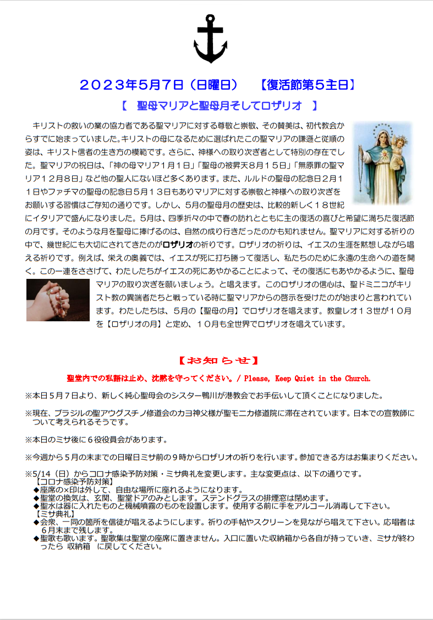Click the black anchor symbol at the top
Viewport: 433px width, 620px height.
tap(211, 40)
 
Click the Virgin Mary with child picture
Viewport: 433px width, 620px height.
tap(382, 163)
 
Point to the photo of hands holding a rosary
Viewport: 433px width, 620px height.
tap(58, 300)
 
